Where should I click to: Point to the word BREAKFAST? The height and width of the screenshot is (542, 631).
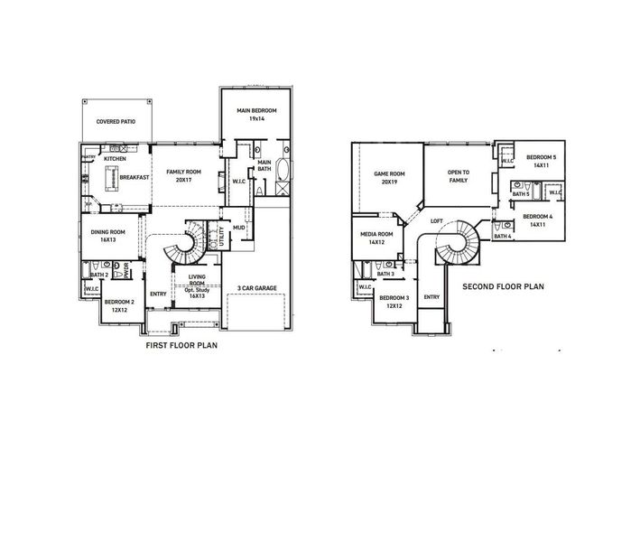coord(133,178)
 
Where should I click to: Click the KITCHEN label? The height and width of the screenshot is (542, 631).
coord(115,159)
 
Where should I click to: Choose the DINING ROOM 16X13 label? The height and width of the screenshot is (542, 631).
coord(108,236)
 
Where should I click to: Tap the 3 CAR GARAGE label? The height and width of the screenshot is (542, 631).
coord(257,289)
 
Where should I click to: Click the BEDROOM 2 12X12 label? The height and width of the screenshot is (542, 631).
coord(119,306)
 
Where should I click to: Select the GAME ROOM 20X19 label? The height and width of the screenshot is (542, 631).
coord(390,177)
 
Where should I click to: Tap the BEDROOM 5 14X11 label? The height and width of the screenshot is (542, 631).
coord(541,161)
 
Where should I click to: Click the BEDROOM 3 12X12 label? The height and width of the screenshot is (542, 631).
coord(394,302)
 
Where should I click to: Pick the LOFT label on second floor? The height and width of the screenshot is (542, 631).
coord(437,221)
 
